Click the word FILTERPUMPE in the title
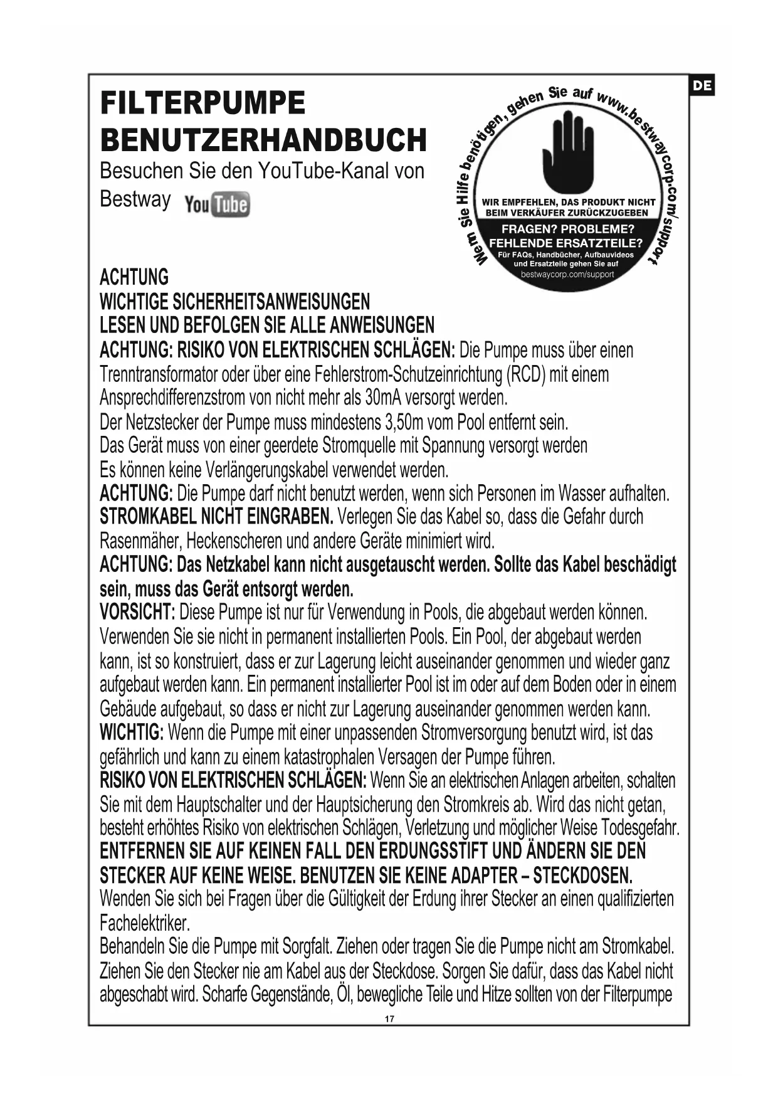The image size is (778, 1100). (202, 103)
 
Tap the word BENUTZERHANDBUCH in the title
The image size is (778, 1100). (263, 140)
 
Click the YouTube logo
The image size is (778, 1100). (217, 204)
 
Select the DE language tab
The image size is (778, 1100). (702, 86)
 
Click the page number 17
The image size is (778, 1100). (389, 1018)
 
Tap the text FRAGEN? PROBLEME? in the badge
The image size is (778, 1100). (568, 229)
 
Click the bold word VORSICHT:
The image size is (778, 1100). (137, 611)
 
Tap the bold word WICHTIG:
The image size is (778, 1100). (132, 732)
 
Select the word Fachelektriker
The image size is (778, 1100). (144, 923)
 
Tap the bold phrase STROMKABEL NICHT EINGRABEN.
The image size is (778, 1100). (216, 517)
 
